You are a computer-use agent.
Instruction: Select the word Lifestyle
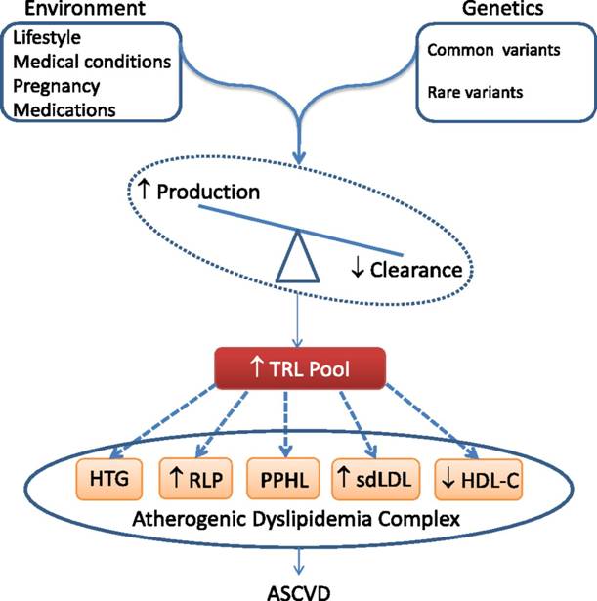click(47, 39)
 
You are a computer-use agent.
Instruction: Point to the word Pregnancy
click(58, 86)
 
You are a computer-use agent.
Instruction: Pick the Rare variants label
click(475, 93)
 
